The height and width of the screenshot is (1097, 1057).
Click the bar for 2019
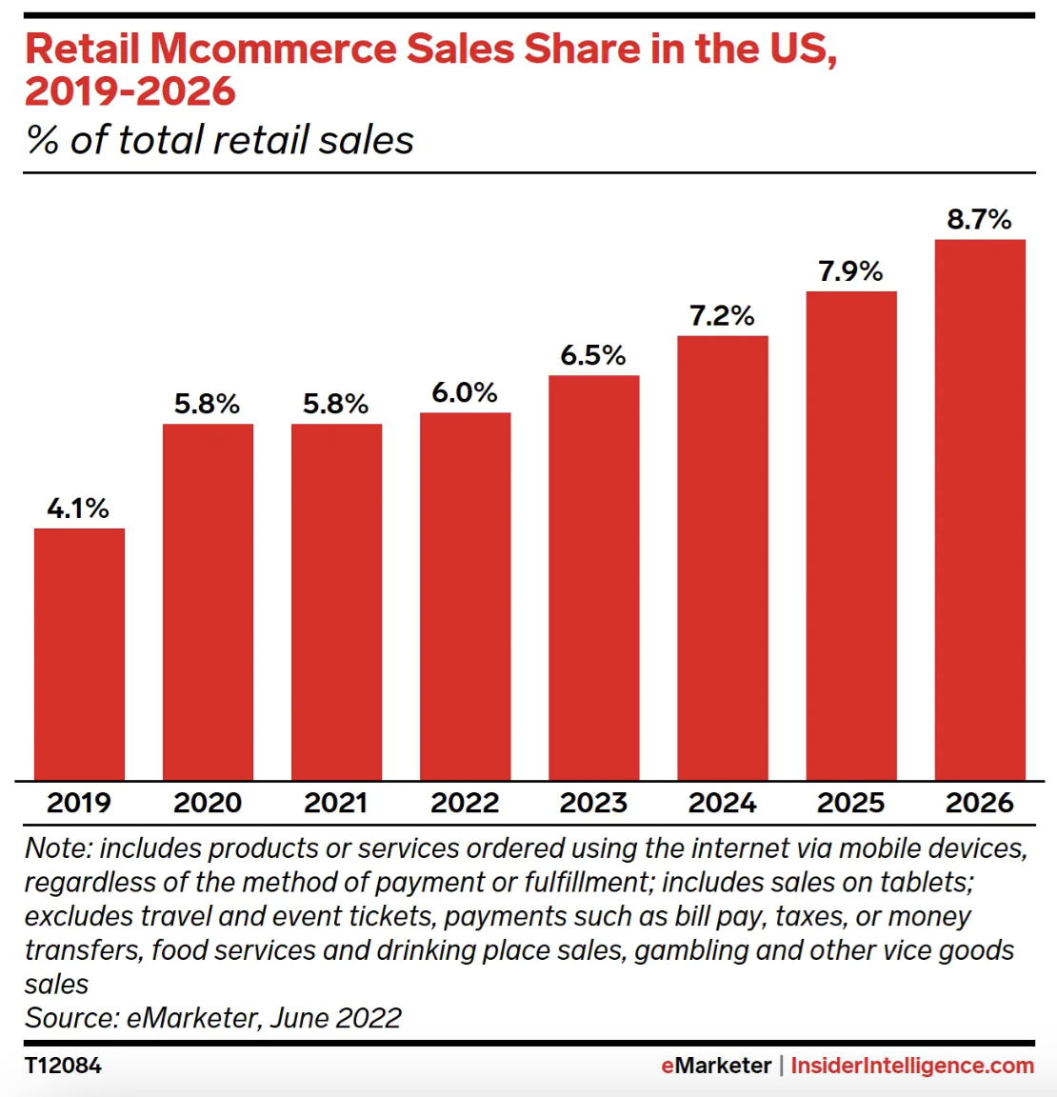[79, 654]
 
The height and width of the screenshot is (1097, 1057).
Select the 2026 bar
[980, 509]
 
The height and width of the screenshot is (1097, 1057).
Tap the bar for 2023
[593, 578]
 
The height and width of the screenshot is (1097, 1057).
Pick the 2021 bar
[336, 602]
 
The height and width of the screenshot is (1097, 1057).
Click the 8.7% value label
[979, 220]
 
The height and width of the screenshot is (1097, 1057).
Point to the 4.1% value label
[78, 509]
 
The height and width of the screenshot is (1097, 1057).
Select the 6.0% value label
[465, 392]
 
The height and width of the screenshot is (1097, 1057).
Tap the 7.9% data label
[850, 271]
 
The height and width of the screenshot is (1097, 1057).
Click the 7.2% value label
[722, 316]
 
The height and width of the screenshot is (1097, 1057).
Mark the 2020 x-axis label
[208, 803]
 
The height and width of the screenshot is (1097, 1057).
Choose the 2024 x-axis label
[722, 803]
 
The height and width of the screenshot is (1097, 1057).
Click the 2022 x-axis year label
[465, 803]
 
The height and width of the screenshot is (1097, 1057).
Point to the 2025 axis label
[850, 803]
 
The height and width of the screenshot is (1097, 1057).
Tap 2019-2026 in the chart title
[130, 91]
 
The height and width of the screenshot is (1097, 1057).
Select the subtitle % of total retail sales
[220, 140]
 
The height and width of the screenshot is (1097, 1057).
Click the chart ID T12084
[63, 1066]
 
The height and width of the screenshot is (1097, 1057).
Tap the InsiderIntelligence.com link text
[912, 1066]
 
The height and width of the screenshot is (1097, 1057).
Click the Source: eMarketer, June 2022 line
[213, 1018]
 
